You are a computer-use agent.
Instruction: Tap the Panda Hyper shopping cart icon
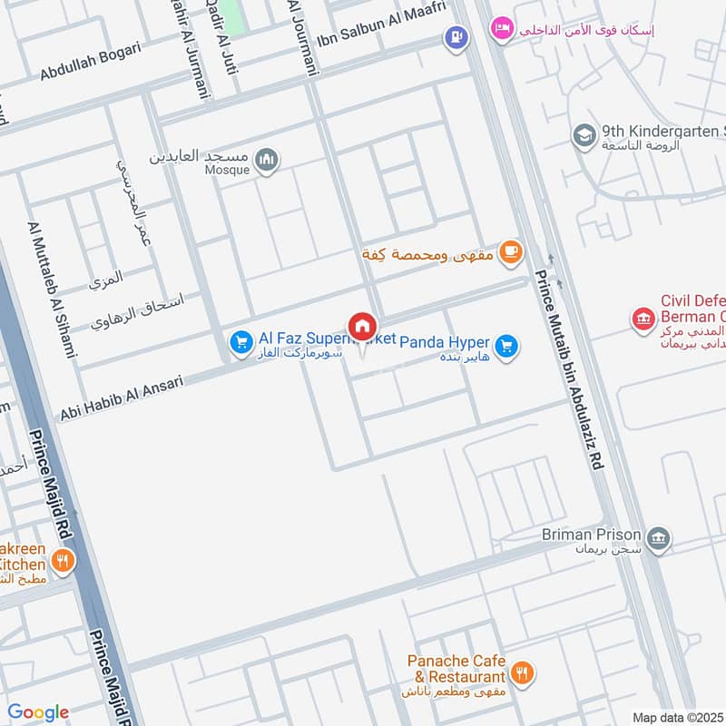click(x=506, y=345)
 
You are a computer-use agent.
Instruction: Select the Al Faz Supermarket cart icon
click(x=240, y=341)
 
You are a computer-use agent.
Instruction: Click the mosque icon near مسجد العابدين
click(x=266, y=161)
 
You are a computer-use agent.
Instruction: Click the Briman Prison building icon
click(x=659, y=538)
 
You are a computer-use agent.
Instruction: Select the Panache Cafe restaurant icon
click(x=521, y=673)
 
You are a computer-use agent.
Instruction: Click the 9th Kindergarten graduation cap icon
click(x=584, y=136)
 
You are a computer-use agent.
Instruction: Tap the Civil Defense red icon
click(x=643, y=319)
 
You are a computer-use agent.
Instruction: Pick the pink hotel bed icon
click(x=501, y=29)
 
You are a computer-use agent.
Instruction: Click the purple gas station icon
click(x=455, y=38)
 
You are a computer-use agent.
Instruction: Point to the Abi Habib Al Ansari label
click(x=122, y=397)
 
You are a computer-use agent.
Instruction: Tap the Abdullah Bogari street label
click(x=90, y=62)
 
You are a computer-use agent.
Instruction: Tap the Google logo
click(x=38, y=712)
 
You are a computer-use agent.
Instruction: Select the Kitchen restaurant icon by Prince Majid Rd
click(x=63, y=562)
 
